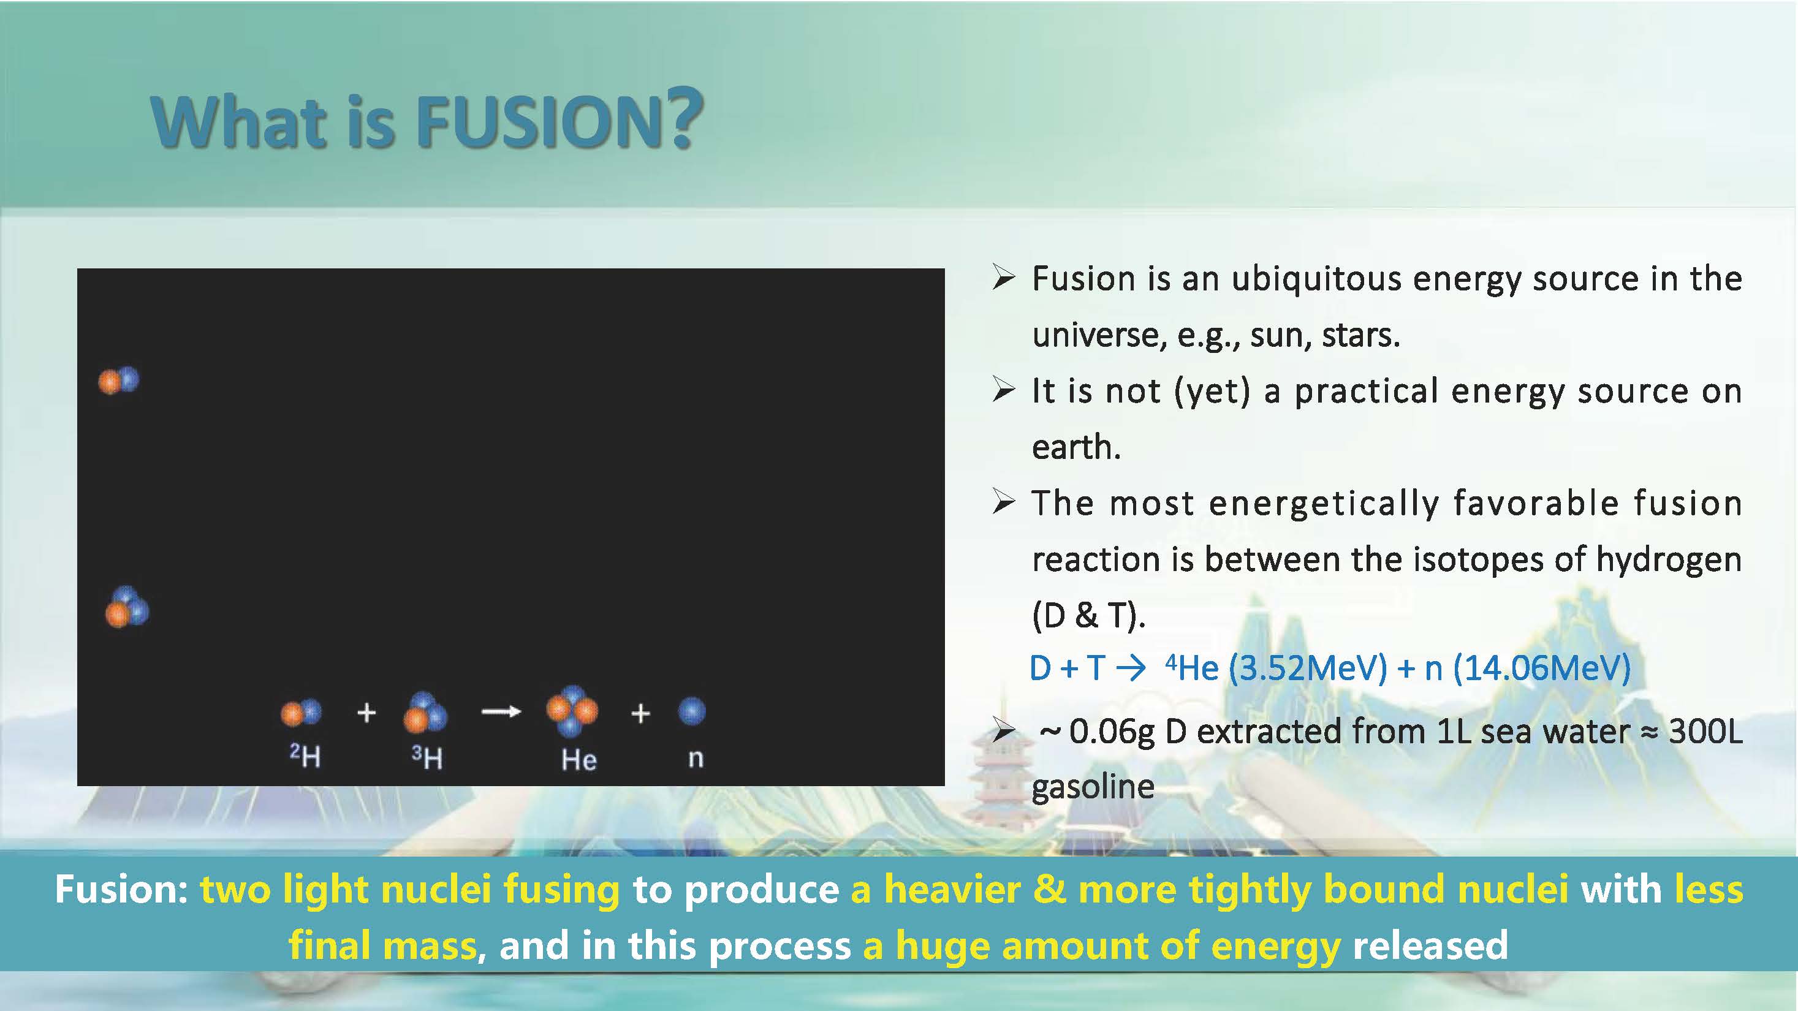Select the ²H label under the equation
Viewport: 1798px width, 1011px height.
coord(305,755)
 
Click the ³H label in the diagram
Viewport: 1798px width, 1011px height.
coord(427,757)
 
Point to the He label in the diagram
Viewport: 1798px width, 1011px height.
coord(578,760)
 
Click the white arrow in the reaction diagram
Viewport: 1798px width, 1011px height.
coord(501,711)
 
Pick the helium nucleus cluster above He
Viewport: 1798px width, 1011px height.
coord(572,711)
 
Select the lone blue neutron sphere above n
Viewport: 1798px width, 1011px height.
coord(692,711)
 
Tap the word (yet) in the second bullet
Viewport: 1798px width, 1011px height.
coord(1213,391)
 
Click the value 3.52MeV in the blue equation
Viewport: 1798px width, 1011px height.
coord(1307,668)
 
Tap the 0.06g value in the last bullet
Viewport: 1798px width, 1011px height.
coord(1112,731)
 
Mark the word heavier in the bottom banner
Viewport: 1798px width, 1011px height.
coord(952,889)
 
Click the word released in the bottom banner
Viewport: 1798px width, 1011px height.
coord(1430,945)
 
